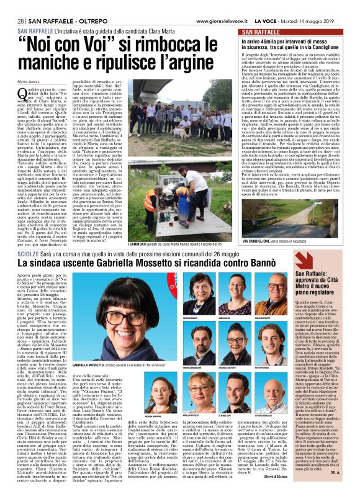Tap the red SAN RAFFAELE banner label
pyautogui.click(x=263, y=31)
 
